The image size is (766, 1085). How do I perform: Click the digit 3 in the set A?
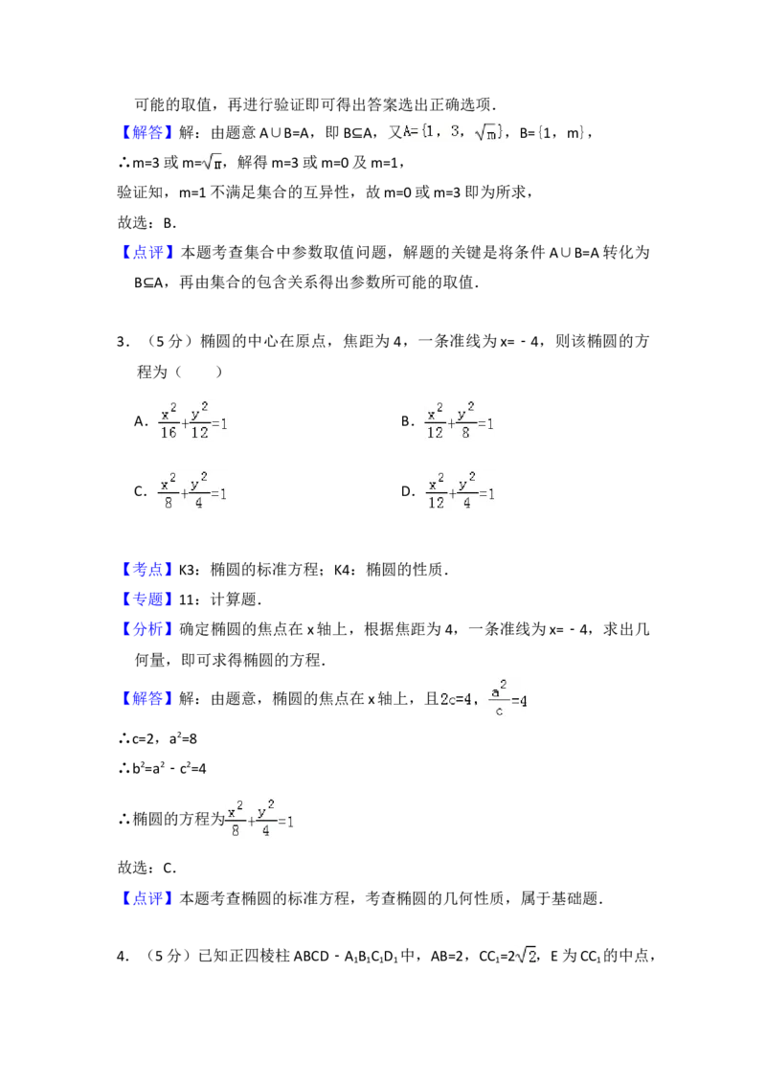pos(455,130)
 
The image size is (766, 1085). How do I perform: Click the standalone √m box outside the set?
pos(211,162)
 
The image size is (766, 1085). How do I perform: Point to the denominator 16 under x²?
pos(169,433)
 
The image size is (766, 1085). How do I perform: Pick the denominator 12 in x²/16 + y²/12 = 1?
pos(199,433)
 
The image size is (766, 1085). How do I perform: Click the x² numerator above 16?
pos(169,412)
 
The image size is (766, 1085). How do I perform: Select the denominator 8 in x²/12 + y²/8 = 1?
pos(466,433)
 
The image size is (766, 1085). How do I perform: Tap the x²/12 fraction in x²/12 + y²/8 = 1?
pos(436,422)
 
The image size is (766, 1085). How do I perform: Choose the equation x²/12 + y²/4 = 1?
pos(460,490)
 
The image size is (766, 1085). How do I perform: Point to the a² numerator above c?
pos(498,688)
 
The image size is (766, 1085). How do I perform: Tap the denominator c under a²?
pos(498,711)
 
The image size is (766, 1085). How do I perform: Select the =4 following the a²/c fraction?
pos(519,700)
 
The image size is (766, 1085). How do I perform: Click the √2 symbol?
pos(525,955)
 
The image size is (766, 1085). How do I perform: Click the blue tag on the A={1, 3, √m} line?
pos(148,133)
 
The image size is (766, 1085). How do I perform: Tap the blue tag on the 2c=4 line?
pos(148,699)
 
